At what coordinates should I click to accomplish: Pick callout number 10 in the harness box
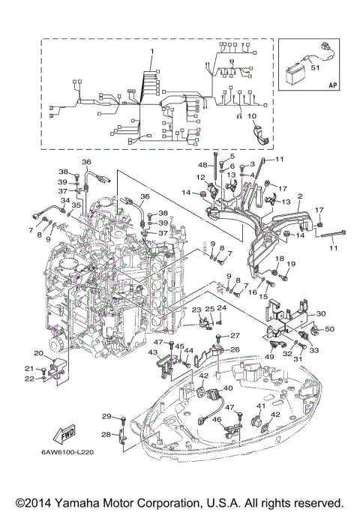tap(251, 116)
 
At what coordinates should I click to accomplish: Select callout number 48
tap(202, 164)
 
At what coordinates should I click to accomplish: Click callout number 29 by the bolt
tap(106, 416)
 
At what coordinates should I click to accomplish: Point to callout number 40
tap(228, 388)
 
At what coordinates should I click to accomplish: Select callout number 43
tap(152, 352)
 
